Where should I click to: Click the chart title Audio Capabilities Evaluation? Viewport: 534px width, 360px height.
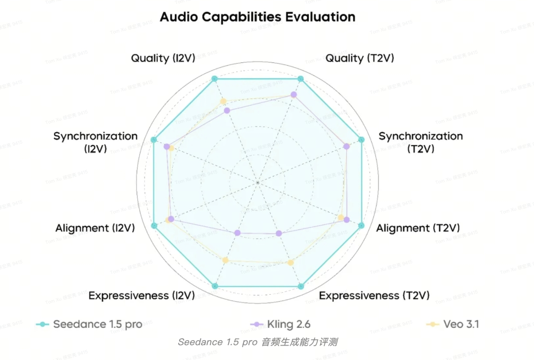(257, 17)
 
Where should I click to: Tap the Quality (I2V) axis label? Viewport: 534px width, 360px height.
(163, 58)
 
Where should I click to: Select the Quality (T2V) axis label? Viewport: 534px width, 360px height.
(359, 58)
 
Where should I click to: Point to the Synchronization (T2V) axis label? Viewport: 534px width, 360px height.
(421, 142)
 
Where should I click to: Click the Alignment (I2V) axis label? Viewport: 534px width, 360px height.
(95, 228)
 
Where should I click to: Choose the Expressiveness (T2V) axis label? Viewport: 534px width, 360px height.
(374, 296)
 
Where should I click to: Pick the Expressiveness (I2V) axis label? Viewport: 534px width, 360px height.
(141, 296)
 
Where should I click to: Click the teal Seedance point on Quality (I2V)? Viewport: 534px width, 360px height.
(214, 79)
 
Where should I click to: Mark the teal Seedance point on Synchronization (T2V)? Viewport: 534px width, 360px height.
(361, 140)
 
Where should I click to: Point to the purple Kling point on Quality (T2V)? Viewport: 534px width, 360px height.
(294, 94)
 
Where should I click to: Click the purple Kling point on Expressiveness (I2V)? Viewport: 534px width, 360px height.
(237, 233)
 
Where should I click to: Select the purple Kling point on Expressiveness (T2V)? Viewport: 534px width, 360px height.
(278, 233)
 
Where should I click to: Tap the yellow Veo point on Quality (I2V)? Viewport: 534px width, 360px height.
(223, 101)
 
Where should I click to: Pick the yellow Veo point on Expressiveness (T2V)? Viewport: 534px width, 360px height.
(291, 262)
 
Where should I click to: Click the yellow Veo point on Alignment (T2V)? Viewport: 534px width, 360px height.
(340, 218)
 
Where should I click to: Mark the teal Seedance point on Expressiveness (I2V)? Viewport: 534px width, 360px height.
(214, 286)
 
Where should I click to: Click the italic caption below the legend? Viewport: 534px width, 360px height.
(257, 342)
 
